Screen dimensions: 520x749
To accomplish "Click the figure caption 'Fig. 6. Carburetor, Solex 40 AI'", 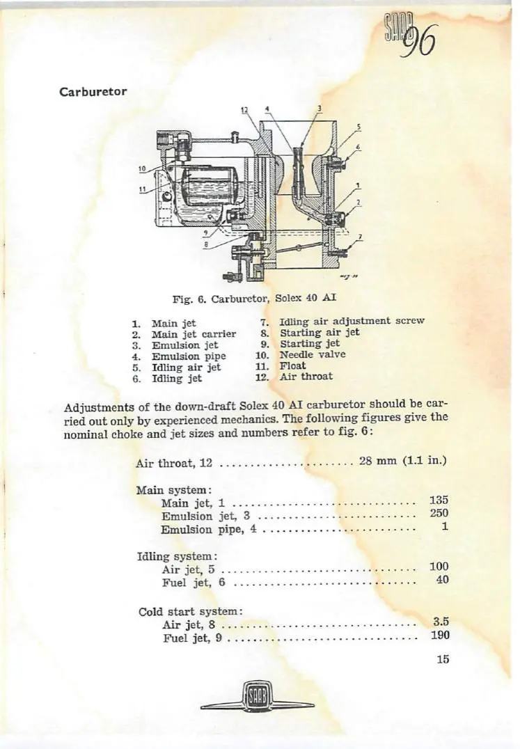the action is (x=253, y=297).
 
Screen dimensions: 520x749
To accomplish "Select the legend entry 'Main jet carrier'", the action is (x=194, y=334).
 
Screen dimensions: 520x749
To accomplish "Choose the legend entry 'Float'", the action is (x=292, y=365).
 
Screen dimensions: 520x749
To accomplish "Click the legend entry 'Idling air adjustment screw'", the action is (x=352, y=322).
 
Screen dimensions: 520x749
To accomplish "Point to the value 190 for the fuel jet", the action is (x=439, y=635).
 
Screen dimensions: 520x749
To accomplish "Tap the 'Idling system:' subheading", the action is (x=178, y=556).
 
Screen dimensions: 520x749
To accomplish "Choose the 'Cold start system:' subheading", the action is (x=190, y=611).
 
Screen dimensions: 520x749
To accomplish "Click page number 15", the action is (x=443, y=660).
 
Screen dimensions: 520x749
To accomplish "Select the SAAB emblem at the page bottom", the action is (x=258, y=698).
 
